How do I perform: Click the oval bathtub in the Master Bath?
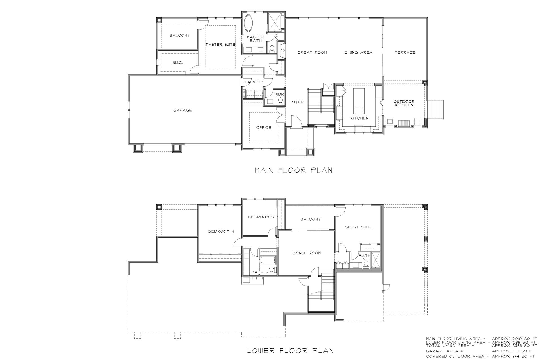coord(249,23)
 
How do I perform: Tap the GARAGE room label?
coord(183,110)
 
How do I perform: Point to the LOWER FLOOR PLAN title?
coord(291,351)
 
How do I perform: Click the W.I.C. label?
coord(178,63)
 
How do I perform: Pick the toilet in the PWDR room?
coord(280,100)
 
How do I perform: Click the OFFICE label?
coord(264,128)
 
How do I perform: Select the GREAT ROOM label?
coord(312,52)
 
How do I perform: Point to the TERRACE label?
coord(405,52)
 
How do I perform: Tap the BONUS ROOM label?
coord(307,253)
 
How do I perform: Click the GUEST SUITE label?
coord(358,227)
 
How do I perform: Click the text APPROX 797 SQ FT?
coord(513,351)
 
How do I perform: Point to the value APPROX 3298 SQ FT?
coord(513,346)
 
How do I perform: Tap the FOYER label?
coord(296,102)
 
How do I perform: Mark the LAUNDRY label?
coord(254,82)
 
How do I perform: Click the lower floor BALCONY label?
coord(311,219)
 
